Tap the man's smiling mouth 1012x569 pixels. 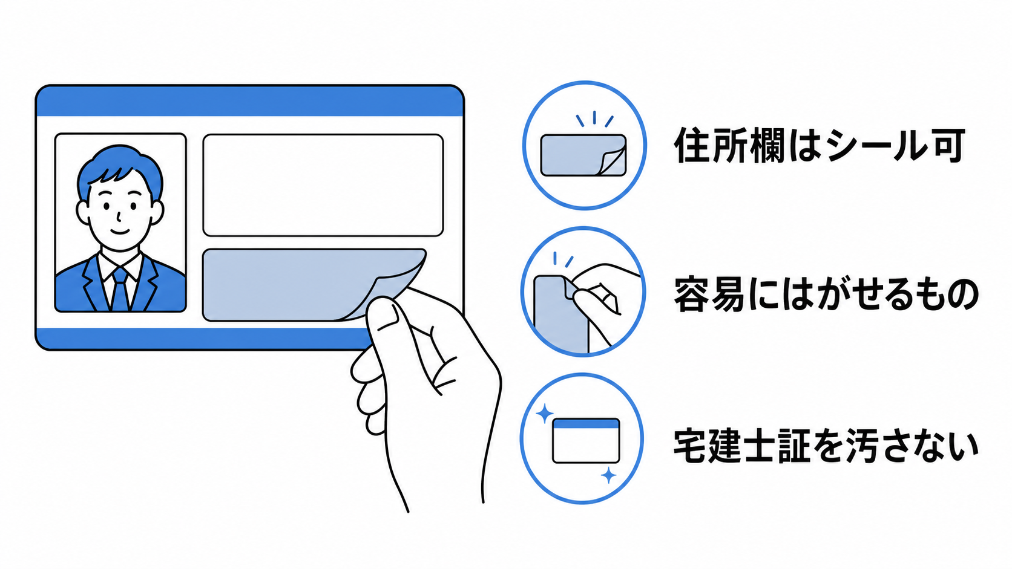[x=120, y=232]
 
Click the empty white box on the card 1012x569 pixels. [x=323, y=185]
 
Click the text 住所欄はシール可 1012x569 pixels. [x=819, y=145]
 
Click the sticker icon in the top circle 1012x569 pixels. [x=583, y=155]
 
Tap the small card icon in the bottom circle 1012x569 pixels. [x=586, y=441]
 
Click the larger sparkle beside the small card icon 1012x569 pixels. [x=544, y=414]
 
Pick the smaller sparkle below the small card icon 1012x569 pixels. [x=608, y=475]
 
